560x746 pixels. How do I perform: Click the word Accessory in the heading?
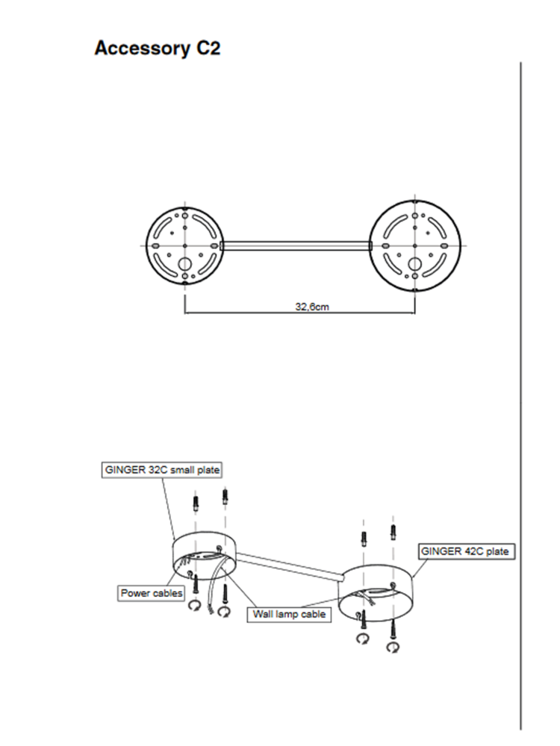point(143,48)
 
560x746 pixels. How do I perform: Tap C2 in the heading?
point(208,48)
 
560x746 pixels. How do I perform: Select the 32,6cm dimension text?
point(312,307)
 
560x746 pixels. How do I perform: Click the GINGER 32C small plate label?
point(162,470)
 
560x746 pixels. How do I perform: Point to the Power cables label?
point(152,593)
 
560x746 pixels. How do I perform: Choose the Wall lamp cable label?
point(289,614)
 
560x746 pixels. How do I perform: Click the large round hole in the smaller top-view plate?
point(184,264)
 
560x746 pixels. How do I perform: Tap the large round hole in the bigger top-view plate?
point(414,264)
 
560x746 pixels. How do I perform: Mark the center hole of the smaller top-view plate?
point(184,246)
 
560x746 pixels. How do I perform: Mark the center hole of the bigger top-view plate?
point(414,246)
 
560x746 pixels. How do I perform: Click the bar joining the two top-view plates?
point(296,246)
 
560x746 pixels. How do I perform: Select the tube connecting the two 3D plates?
point(290,566)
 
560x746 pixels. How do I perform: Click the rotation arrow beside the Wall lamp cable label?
point(224,611)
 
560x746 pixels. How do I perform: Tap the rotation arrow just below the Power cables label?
point(194,606)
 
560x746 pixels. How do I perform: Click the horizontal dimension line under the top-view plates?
point(299,313)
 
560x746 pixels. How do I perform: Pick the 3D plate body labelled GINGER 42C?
point(376,593)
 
